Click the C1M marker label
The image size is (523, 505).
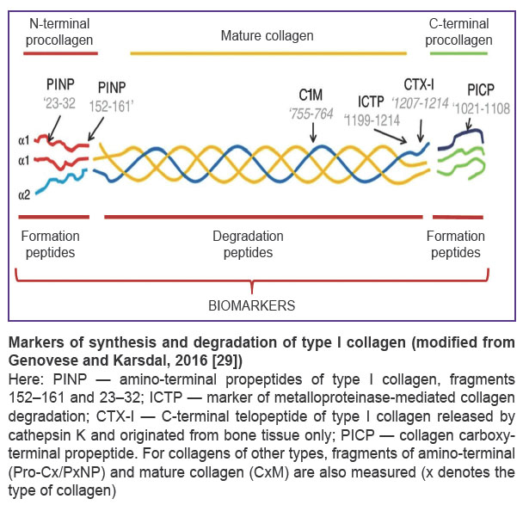pos(311,95)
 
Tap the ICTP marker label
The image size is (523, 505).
pos(371,102)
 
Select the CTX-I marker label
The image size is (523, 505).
pos(419,84)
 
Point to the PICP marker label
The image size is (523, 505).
pos(481,89)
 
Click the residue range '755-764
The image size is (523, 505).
pos(311,114)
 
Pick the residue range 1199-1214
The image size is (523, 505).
pos(372,120)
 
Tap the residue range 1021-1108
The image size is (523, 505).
pos(482,108)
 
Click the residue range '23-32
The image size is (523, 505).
pos(59,103)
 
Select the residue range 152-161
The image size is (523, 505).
pos(111,107)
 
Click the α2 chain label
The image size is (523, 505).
pos(24,194)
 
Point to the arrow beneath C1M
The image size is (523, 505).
pos(313,132)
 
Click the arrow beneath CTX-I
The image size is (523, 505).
pos(421,131)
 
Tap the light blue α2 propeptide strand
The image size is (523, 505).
pos(62,181)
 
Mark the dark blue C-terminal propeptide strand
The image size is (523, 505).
pos(461,139)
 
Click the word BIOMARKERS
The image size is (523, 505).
pos(252,305)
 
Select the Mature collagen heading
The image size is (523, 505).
pos(268,35)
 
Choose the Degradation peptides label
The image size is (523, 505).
pos(248,244)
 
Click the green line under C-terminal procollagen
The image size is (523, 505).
pos(458,53)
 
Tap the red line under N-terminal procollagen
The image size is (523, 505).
pos(60,53)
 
